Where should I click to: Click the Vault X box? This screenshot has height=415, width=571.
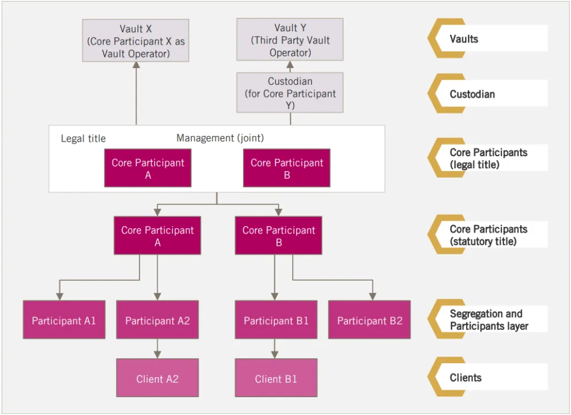(x=136, y=40)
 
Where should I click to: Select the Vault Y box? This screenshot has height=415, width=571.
(x=290, y=40)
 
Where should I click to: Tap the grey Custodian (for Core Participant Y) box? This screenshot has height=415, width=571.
(x=290, y=93)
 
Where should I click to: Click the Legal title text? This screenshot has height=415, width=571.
(x=83, y=139)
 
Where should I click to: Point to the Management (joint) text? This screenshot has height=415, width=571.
(x=220, y=138)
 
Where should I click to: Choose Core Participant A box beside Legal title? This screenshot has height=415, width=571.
(x=148, y=168)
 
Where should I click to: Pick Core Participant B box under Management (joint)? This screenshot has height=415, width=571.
(x=287, y=168)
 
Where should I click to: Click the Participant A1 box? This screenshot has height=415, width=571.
(x=64, y=320)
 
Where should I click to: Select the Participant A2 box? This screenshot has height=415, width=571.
(x=157, y=320)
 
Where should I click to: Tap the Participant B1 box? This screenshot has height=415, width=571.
(x=276, y=320)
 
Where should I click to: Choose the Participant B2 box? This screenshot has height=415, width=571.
(x=369, y=320)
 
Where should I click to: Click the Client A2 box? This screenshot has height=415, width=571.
(x=157, y=378)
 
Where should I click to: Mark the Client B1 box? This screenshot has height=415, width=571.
(x=276, y=378)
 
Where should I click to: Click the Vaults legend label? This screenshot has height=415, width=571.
(x=464, y=39)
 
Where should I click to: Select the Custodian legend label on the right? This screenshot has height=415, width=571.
(x=472, y=94)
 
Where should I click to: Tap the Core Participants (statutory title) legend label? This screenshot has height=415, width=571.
(x=488, y=235)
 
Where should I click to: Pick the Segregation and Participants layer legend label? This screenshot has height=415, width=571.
(x=489, y=320)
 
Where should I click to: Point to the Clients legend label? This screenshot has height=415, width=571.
(x=466, y=378)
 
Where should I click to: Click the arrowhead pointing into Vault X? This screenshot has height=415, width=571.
(x=136, y=65)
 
